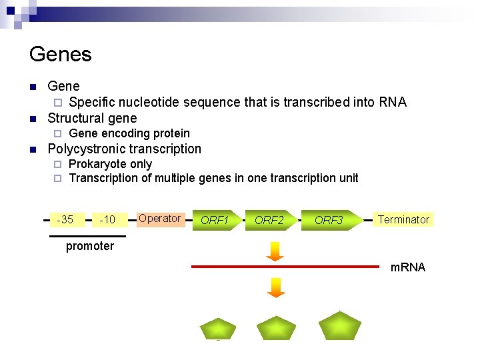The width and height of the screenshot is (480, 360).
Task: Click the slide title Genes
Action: (61, 54)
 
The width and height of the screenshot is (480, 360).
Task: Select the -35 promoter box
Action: (65, 219)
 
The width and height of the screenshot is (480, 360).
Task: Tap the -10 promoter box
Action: (107, 219)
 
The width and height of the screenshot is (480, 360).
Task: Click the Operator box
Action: (159, 219)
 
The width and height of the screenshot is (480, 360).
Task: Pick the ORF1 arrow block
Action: (215, 220)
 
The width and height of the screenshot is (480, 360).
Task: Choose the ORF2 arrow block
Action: (270, 220)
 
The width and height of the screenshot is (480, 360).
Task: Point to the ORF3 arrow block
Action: (330, 220)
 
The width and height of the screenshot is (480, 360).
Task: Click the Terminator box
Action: (403, 219)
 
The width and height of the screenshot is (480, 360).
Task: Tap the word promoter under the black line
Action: (90, 246)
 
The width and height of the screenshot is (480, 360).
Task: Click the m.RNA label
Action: (407, 267)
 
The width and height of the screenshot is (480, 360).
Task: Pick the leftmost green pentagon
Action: (218, 329)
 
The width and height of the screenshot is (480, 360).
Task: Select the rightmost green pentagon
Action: (339, 326)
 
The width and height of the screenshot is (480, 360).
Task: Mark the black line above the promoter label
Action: (87, 236)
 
